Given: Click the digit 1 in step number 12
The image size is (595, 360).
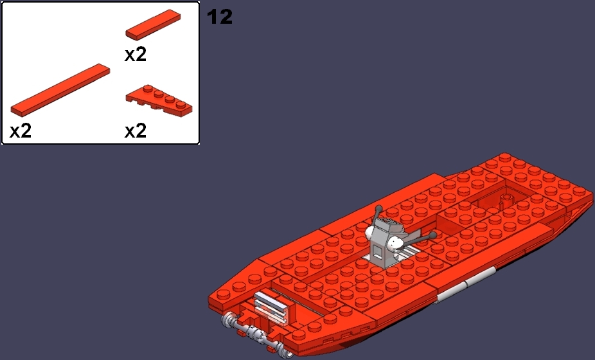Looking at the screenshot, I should tap(211, 17).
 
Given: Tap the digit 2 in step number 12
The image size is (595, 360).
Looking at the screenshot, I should tap(224, 17).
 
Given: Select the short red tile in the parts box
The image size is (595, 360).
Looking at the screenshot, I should tap(153, 24).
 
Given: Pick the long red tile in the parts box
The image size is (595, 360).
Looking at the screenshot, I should tap(60, 89).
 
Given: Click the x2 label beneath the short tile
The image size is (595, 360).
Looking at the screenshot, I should tap(136, 55).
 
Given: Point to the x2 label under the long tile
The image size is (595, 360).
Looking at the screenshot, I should tap(21, 131).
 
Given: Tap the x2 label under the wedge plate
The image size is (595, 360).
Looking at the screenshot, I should tap(136, 131).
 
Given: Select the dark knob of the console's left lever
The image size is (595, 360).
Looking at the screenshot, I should tap(380, 208).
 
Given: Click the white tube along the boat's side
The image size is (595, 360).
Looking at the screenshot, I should tap(462, 289).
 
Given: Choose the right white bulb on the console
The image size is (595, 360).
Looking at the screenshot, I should tap(396, 243).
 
